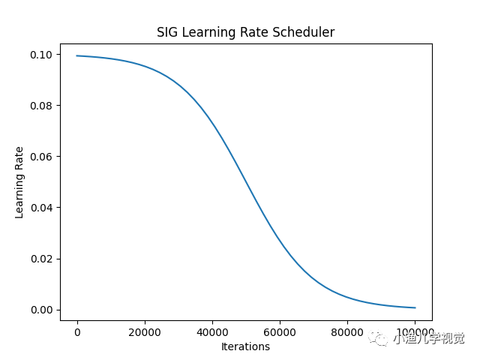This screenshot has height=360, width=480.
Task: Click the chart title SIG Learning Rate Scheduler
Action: pos(245,32)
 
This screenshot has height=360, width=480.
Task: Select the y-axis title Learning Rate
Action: pos(19,182)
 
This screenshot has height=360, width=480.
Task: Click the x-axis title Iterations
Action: pos(245,346)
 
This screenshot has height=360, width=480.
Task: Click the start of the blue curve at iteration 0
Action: pos(77,55)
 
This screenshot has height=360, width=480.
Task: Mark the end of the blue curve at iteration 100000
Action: pos(415,307)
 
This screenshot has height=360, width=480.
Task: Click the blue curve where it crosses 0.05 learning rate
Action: pos(246,181)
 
